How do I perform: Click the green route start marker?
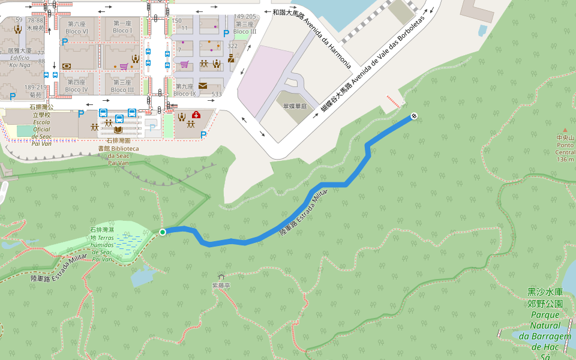pos(163,232)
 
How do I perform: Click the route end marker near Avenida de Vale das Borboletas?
pos(414,115)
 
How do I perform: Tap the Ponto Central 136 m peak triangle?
pos(565,129)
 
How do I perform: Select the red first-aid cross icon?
pos(196,115)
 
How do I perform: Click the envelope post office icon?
pos(203,85)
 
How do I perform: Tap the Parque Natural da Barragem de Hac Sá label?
pos(545,324)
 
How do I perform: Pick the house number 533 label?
pos(217,94)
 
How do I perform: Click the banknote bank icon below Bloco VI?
pos(66,65)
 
